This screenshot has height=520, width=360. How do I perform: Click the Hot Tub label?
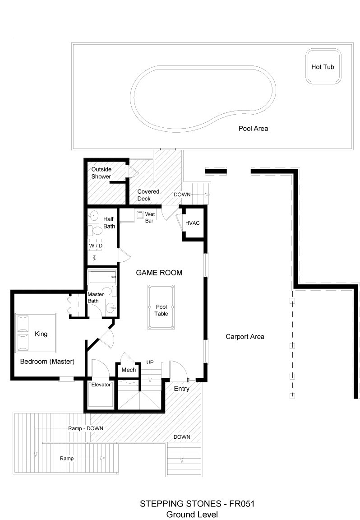click(323, 67)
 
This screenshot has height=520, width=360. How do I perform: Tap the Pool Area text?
click(253, 129)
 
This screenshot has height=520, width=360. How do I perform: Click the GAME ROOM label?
click(159, 273)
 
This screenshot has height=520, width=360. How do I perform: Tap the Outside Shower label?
click(101, 173)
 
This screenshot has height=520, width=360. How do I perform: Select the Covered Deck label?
click(148, 195)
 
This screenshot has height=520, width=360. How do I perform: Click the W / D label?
click(95, 246)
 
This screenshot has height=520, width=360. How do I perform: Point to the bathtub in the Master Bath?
click(102, 277)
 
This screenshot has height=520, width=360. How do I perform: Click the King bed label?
click(41, 334)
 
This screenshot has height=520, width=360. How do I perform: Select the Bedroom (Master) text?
click(47, 362)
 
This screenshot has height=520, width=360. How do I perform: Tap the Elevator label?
click(101, 385)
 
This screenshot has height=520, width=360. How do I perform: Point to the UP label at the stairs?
click(150, 362)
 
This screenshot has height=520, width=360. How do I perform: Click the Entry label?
click(181, 389)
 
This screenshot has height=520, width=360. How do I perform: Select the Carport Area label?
click(245, 337)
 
